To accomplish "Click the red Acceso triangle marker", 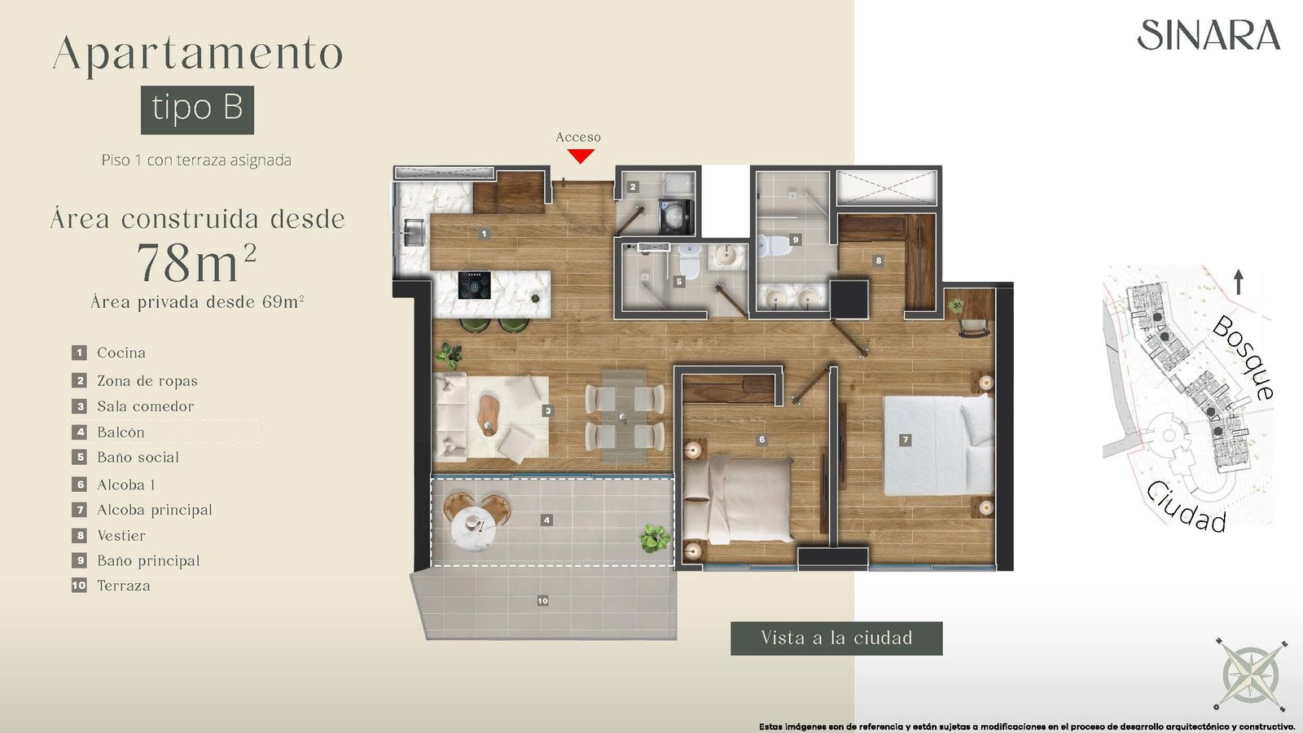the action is [x=581, y=156].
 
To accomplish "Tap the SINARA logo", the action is [x=1209, y=35].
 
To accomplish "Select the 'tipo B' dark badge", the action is [x=197, y=110].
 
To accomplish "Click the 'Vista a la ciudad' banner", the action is [x=836, y=639].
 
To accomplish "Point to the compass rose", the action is [x=1250, y=674].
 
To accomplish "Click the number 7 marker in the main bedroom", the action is [x=905, y=440].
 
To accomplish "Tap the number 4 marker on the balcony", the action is [x=546, y=520].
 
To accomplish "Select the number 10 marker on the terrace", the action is [x=542, y=600].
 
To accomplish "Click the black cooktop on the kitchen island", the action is [x=474, y=286].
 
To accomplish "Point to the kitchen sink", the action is [x=412, y=233].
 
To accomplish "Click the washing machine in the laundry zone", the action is [x=675, y=217].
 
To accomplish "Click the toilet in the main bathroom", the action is [x=773, y=246].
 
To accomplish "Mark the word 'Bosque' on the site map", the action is [x=1244, y=358].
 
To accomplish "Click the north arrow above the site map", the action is [x=1239, y=282].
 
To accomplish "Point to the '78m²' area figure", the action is [x=196, y=262].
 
